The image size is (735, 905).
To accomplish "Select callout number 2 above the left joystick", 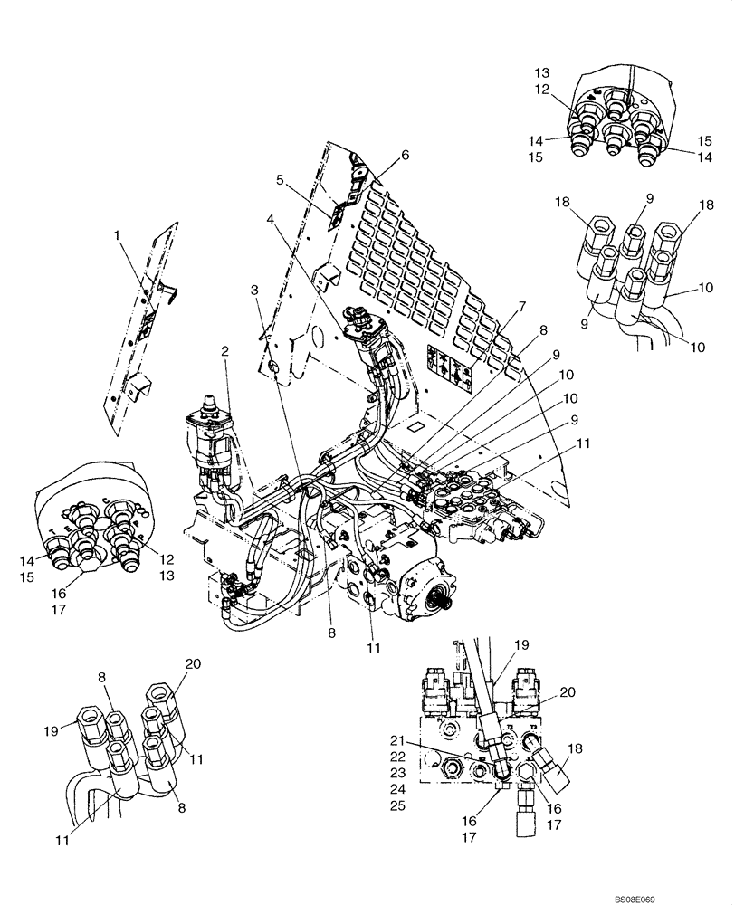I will pyautogui.click(x=224, y=351).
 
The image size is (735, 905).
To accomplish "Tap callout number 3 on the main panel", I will pyautogui.click(x=255, y=289).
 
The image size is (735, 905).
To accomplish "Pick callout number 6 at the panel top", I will pyautogui.click(x=405, y=156).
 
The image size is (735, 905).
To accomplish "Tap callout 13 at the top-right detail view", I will pyautogui.click(x=541, y=72).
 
